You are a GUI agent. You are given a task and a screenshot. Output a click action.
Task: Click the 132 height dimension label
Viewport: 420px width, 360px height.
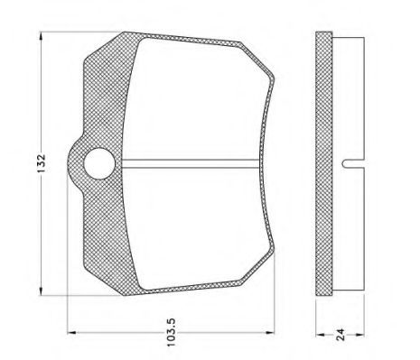click(41, 163)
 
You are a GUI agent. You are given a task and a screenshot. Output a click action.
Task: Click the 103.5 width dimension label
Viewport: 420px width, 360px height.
click(171, 332)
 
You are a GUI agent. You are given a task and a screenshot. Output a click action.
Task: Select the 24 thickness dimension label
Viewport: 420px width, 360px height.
click(341, 335)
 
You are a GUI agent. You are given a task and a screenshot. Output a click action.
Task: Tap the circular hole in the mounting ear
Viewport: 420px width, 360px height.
click(99, 163)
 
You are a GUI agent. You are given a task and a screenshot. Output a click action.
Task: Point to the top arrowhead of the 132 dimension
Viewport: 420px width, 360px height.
click(42, 35)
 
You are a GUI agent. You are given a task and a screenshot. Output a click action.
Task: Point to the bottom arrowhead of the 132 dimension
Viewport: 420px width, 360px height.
click(42, 291)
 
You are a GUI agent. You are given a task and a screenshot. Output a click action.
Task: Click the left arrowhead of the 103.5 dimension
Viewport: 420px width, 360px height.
click(71, 333)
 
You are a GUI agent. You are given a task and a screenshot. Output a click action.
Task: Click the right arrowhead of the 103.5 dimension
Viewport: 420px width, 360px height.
click(270, 333)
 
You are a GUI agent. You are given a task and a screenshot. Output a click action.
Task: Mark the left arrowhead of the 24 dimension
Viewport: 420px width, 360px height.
click(320, 335)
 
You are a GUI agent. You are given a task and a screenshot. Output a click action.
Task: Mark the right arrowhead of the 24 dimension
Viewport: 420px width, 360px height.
click(360, 335)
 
